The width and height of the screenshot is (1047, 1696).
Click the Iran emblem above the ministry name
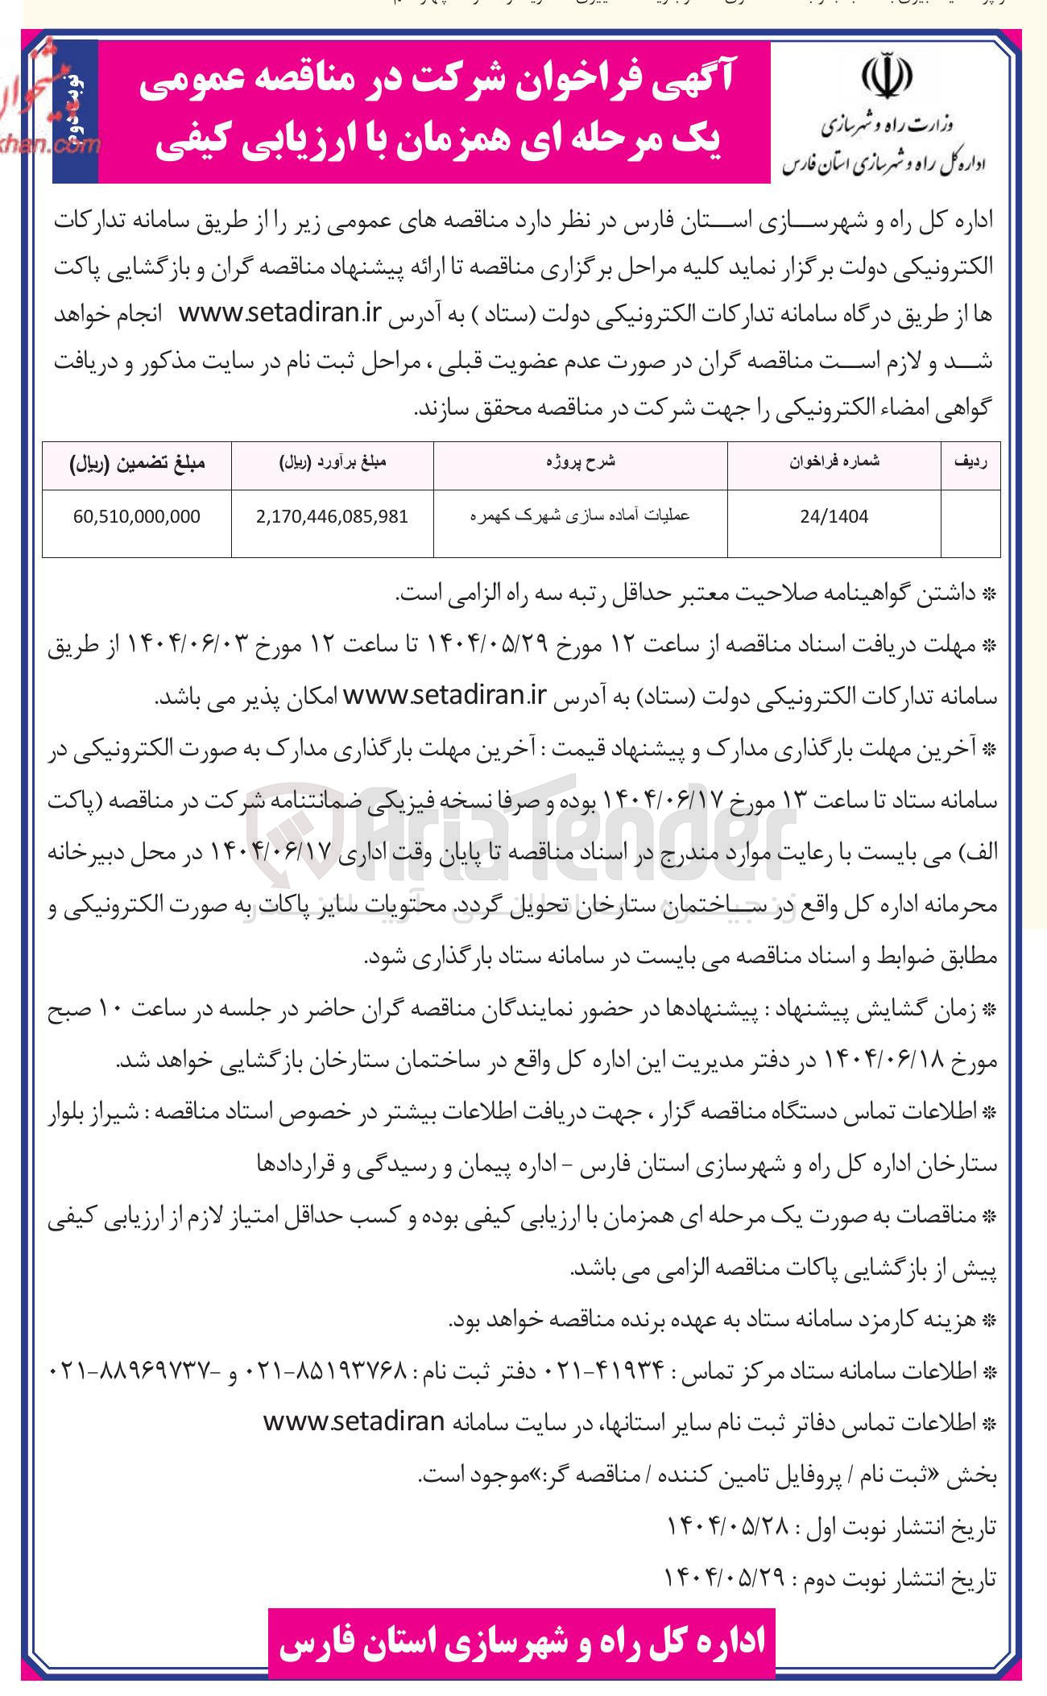(886, 76)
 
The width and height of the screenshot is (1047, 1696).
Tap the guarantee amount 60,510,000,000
(136, 517)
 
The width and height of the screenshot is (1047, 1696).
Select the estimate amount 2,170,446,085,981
(332, 517)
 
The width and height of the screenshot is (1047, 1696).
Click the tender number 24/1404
(834, 517)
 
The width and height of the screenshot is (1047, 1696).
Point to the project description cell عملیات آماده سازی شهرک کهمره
(580, 516)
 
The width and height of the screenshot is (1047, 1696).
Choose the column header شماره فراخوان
(834, 461)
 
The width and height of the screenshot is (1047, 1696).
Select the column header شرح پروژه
(580, 461)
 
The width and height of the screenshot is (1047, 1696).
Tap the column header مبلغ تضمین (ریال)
(137, 462)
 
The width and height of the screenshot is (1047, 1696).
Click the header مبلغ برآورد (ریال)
(332, 462)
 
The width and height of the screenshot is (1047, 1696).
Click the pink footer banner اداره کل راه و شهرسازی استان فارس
(522, 1643)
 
